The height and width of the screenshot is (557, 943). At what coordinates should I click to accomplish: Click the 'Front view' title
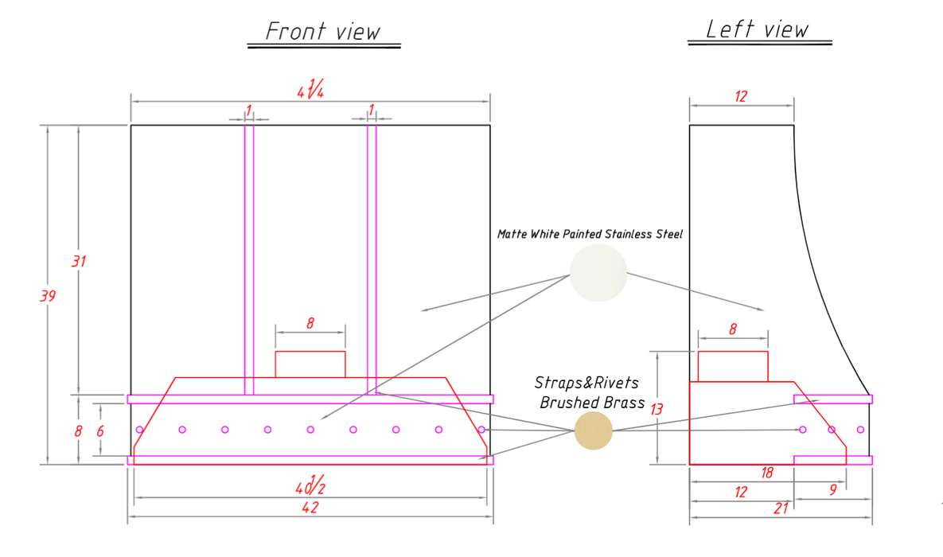coord(323,31)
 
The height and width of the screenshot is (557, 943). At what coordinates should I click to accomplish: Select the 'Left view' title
coord(757,29)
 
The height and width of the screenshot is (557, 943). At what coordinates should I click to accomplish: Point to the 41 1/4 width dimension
coord(310,90)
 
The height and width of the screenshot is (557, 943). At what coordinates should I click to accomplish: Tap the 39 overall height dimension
coord(48,296)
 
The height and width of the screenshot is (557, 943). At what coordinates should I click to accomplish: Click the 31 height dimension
coord(79,261)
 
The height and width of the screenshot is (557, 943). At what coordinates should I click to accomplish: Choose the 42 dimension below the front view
coord(310,508)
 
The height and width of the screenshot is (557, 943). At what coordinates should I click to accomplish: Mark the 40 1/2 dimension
coord(310,485)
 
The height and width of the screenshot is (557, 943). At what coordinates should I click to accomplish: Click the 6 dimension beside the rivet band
coord(100,431)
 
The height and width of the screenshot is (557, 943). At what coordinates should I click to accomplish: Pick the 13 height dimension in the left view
coord(657,410)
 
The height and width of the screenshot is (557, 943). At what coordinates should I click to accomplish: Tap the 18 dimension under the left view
coord(767,473)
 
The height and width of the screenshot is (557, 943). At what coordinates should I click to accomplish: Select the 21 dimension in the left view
coord(781,509)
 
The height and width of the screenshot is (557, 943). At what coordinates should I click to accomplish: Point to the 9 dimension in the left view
coord(833,490)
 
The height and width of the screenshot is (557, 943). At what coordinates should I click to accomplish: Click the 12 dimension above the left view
coord(741,96)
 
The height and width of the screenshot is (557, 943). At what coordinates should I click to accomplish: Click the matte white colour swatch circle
coord(598,273)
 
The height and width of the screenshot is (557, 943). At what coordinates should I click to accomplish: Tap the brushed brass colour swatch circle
coord(594,430)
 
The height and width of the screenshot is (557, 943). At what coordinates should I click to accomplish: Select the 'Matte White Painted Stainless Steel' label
coord(590,234)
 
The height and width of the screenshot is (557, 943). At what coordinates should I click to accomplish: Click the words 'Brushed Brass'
coord(592,403)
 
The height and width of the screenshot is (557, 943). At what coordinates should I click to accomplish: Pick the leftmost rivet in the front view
coord(139,430)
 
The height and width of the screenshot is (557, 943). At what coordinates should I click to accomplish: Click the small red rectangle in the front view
coord(310,364)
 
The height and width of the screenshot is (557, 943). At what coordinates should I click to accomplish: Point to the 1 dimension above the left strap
coord(248,111)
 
